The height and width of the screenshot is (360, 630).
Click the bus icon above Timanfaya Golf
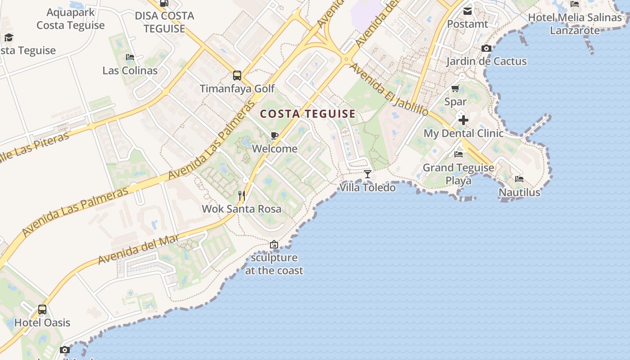click(237, 76)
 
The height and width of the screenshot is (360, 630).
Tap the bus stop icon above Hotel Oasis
click(42, 310)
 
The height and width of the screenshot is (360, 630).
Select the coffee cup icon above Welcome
click(274, 135)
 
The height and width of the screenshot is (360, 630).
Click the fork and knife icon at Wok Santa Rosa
click(242, 195)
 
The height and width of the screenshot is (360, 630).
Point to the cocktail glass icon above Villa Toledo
click(368, 174)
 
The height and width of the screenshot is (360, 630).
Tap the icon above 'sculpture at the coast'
click(274, 244)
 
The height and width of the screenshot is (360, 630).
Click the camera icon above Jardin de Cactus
click(486, 48)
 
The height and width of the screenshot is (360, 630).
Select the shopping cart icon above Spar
click(455, 89)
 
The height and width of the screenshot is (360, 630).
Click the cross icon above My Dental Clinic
click(463, 120)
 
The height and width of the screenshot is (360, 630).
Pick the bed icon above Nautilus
click(519, 179)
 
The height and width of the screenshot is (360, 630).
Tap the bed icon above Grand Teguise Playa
click(459, 154)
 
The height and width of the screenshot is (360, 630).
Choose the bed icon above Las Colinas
click(130, 57)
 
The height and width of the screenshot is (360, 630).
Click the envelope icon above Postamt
click(468, 11)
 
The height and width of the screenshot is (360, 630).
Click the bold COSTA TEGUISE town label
click(308, 114)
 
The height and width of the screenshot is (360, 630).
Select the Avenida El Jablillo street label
click(389, 89)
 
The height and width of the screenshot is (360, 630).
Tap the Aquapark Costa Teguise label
click(71, 19)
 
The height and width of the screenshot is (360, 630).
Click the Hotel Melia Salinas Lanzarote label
click(575, 24)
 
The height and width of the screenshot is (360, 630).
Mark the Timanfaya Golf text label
click(237, 89)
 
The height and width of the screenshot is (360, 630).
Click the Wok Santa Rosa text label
click(242, 209)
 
